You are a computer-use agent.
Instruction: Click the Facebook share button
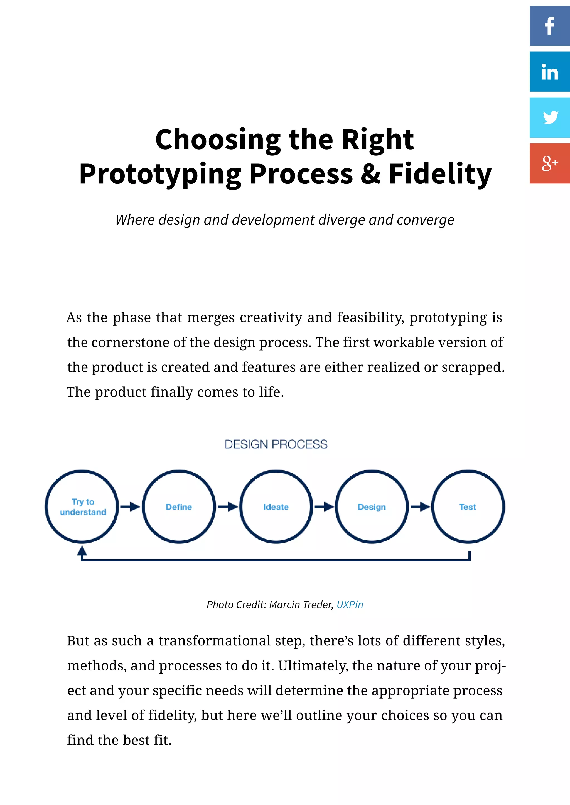click(549, 26)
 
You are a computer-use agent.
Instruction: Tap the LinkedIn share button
click(549, 72)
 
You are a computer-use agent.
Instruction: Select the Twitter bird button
click(549, 118)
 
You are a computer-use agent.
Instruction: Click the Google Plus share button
click(549, 163)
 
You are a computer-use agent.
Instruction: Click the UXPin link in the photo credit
click(350, 605)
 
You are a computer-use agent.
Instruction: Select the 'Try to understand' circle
click(82, 507)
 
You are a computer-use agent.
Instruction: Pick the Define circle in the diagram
click(179, 507)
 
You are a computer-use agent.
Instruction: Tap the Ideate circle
click(276, 507)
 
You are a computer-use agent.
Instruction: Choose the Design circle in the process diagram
click(372, 507)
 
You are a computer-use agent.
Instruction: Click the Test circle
click(468, 507)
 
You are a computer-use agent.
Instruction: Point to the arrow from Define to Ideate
click(227, 507)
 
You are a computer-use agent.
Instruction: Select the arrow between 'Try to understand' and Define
click(130, 507)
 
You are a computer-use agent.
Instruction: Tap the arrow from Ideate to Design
click(324, 507)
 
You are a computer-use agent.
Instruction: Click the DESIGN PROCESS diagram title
click(276, 444)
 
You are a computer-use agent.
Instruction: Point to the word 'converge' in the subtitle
click(425, 220)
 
